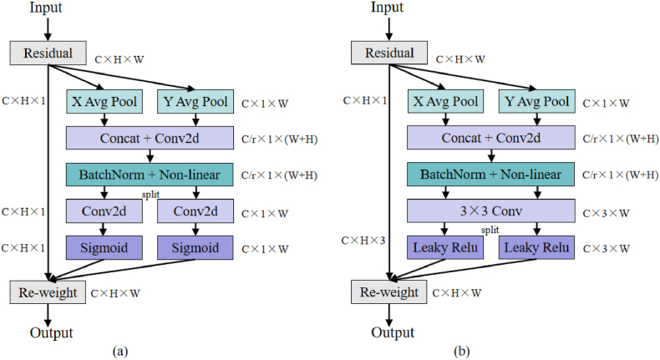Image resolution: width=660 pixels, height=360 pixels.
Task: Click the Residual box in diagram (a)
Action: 48,53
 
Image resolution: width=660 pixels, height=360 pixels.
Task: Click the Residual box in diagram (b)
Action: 390,53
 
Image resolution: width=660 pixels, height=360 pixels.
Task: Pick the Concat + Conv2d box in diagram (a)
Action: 150,138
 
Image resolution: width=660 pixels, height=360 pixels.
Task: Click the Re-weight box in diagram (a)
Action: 48,292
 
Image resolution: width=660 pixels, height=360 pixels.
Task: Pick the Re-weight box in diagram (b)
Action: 390,292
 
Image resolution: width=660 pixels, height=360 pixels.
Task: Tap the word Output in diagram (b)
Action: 390,333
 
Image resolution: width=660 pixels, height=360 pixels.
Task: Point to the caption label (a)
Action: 119,351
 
